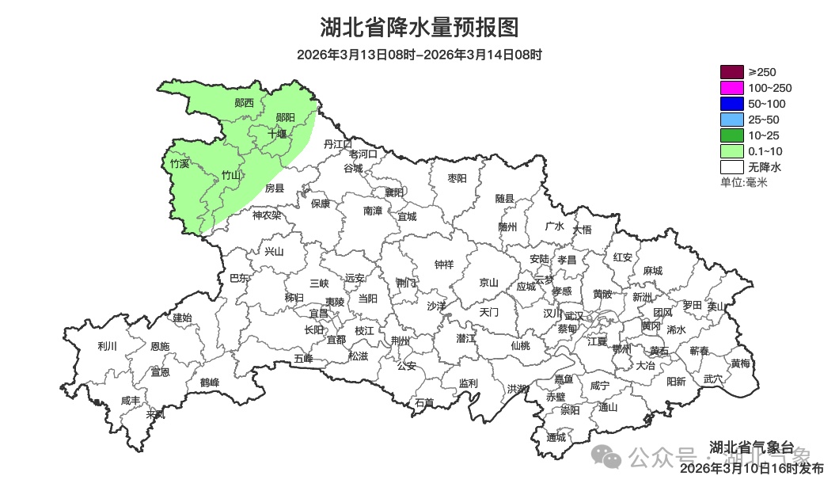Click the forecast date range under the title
pos(419,55)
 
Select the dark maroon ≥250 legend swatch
pos(731,72)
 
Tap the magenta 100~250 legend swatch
pos(731,88)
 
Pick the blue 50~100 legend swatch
pos(731,104)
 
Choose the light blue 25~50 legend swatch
pos(731,120)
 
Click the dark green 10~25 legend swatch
pos(731,135)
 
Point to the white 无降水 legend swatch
pos(731,167)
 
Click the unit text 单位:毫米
pos(743,182)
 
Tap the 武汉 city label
pos(573,316)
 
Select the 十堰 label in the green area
pos(276,133)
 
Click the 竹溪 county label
pos(180,164)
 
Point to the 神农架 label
pos(267,215)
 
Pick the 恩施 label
pos(159,346)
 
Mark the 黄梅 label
pos(740,363)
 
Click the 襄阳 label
pos(394,192)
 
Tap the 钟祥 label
pos(444,265)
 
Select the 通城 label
pos(556,437)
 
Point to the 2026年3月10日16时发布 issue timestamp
pos(752,469)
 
